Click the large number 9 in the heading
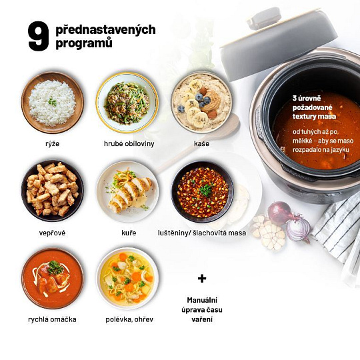click(39, 36)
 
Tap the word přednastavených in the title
click(105, 30)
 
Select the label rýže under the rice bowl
click(53, 144)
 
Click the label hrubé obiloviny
click(129, 144)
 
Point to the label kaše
click(201, 144)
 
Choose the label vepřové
click(53, 233)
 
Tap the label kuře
click(129, 233)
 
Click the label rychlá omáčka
click(53, 319)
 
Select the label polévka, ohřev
click(129, 319)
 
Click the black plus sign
click(202, 279)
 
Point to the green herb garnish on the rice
click(53, 101)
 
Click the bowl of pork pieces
click(53, 191)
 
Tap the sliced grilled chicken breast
click(129, 193)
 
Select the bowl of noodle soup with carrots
click(127, 278)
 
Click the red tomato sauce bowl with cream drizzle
click(53, 279)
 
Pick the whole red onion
click(280, 213)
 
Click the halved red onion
click(298, 229)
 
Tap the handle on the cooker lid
click(264, 19)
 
